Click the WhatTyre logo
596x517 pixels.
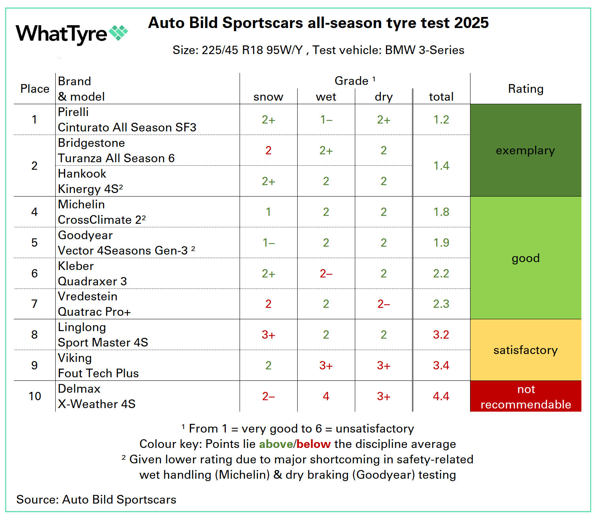[x=71, y=34]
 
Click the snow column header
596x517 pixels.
[x=268, y=97]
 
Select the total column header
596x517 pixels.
[x=441, y=97]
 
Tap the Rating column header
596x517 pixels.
[x=525, y=89]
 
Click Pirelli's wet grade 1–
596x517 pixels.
[x=326, y=120]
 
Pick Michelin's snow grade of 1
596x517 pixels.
[x=268, y=212]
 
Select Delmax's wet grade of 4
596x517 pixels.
[x=326, y=396]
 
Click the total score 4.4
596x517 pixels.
[x=441, y=396]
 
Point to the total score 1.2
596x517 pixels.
[x=441, y=120]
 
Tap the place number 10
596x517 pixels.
[x=35, y=396]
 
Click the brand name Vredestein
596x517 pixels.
[x=88, y=296]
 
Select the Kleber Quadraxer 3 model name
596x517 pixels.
[x=92, y=281]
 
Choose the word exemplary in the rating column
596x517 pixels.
[x=525, y=150]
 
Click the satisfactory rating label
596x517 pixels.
[x=525, y=350]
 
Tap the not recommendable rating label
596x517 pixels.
[x=525, y=397]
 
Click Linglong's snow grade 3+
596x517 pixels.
[x=268, y=335]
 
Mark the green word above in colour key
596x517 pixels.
[x=276, y=444]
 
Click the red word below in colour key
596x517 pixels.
[x=313, y=444]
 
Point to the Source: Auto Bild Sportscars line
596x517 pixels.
[x=96, y=500]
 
